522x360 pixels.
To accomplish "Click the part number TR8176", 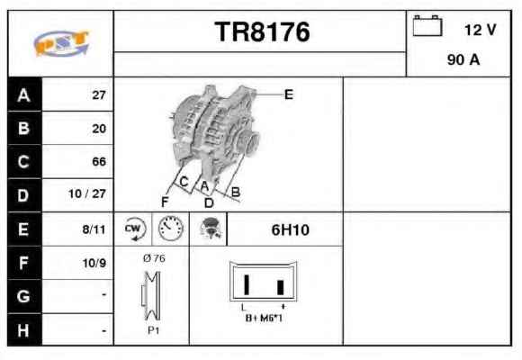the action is pyautogui.click(x=262, y=32).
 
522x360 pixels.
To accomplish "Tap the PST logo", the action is pyautogui.click(x=61, y=43).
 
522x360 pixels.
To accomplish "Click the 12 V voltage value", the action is pyautogui.click(x=480, y=30).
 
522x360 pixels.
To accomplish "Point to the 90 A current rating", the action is pyautogui.click(x=463, y=60).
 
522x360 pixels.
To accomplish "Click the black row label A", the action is pyautogui.click(x=24, y=94).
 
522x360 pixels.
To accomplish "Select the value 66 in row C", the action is pyautogui.click(x=99, y=161).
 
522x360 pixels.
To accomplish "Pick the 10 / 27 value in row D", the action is pyautogui.click(x=87, y=193).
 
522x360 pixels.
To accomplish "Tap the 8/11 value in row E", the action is pyautogui.click(x=94, y=229).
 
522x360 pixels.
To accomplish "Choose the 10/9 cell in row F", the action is pyautogui.click(x=94, y=263).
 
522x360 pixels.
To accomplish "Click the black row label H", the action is pyautogui.click(x=24, y=330).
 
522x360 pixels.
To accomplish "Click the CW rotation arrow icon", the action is pyautogui.click(x=134, y=229).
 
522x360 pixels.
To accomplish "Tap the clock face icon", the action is pyautogui.click(x=171, y=229).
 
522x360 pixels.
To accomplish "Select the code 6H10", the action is pyautogui.click(x=291, y=229).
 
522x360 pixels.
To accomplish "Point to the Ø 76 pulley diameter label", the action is pyautogui.click(x=154, y=258).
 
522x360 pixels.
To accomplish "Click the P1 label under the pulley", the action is pyautogui.click(x=154, y=330).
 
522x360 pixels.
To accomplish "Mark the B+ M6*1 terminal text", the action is pyautogui.click(x=264, y=318).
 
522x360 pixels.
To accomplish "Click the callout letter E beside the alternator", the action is pyautogui.click(x=289, y=94).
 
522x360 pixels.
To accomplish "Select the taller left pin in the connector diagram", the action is pyautogui.click(x=247, y=284).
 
